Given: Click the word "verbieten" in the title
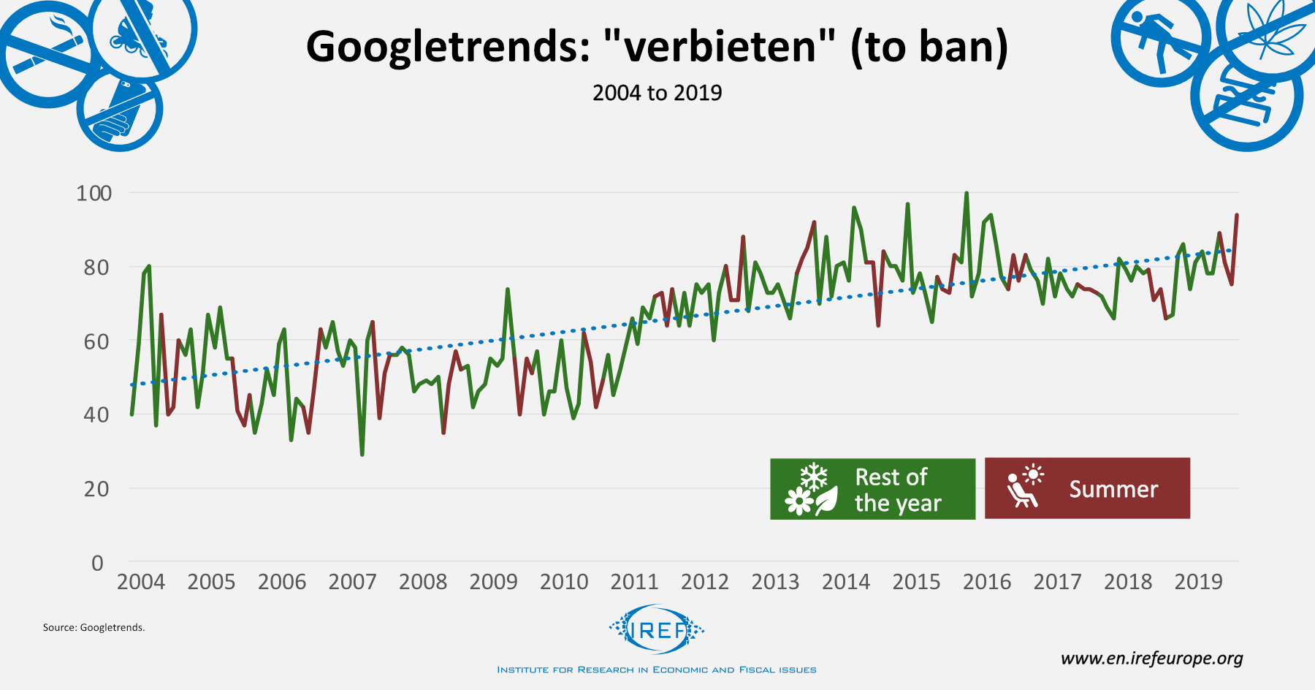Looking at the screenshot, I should coord(720,47).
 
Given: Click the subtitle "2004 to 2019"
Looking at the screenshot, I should coord(657,93).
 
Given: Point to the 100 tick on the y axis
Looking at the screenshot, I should coord(94,193).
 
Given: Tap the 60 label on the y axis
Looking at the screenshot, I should coord(96,341).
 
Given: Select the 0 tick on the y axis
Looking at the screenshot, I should coord(98,563).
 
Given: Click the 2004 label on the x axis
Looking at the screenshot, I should coord(141,582).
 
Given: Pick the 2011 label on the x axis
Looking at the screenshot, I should coord(634,582).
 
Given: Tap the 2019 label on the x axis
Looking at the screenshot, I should coord(1198,582).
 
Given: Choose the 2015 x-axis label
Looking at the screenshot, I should coord(916,582).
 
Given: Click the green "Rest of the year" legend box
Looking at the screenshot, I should coord(872,489).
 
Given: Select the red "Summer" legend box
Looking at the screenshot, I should coord(1087,488).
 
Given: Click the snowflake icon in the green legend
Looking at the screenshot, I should coord(814,477).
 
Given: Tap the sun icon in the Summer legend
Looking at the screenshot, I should coord(1033,475).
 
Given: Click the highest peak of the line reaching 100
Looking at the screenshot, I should coord(967,194).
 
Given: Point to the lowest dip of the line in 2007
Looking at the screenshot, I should coord(362,454).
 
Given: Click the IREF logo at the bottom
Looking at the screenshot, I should coord(657,629).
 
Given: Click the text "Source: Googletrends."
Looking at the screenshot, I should coord(94,627).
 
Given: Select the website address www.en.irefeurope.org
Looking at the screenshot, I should coord(1151,658).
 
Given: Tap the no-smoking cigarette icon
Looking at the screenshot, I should coord(45,55).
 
